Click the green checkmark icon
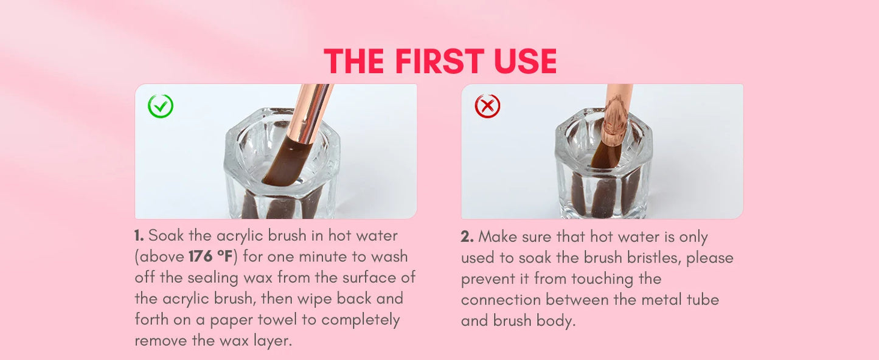161,106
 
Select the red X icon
487,106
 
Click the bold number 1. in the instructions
139,236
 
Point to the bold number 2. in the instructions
467,237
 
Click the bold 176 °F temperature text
211,257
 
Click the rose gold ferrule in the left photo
310,114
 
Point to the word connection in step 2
501,300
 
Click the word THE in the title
354,61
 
